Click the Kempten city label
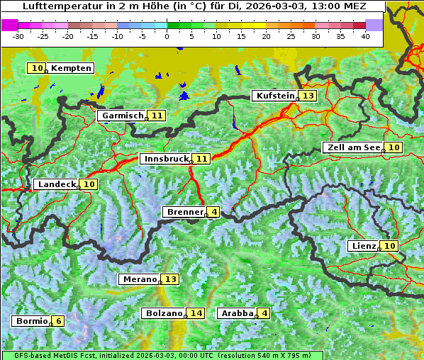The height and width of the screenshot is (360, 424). click(x=71, y=68)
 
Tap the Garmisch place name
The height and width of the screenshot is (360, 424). click(x=122, y=116)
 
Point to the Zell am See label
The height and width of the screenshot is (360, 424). click(x=352, y=147)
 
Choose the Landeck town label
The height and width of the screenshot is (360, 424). click(x=57, y=184)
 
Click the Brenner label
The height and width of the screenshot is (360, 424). click(x=184, y=212)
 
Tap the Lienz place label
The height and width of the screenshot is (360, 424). click(x=363, y=246)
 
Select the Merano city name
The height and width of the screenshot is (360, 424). click(x=139, y=279)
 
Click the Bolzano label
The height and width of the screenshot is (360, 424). click(x=164, y=313)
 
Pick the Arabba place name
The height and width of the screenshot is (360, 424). click(x=237, y=313)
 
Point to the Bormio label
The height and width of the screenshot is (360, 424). click(x=32, y=321)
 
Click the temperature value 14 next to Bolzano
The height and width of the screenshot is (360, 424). click(x=196, y=313)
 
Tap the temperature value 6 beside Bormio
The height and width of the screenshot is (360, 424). click(x=59, y=321)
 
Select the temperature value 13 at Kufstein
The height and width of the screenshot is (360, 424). click(x=307, y=96)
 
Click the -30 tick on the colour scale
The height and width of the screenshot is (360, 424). click(x=18, y=35)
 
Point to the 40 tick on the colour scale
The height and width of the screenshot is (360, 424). click(x=365, y=35)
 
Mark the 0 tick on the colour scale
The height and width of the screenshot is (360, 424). click(x=167, y=35)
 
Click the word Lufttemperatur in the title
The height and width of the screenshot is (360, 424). click(x=55, y=6)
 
